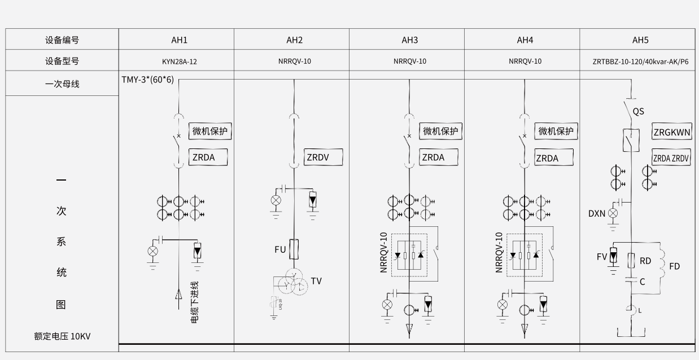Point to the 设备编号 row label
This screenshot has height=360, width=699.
[62, 40]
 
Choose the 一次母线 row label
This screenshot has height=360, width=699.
[62, 84]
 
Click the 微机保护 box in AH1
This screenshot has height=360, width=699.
[210, 131]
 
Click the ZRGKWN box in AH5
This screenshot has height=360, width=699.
[671, 133]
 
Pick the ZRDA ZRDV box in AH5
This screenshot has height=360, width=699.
[671, 159]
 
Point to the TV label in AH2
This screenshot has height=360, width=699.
[316, 281]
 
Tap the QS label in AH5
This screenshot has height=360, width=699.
[639, 111]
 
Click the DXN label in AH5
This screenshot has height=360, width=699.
[596, 213]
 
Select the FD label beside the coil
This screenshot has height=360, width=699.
[675, 266]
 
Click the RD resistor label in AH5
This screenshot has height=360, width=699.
[645, 261]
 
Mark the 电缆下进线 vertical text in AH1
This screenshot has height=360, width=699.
[195, 302]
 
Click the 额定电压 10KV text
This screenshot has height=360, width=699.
[62, 336]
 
